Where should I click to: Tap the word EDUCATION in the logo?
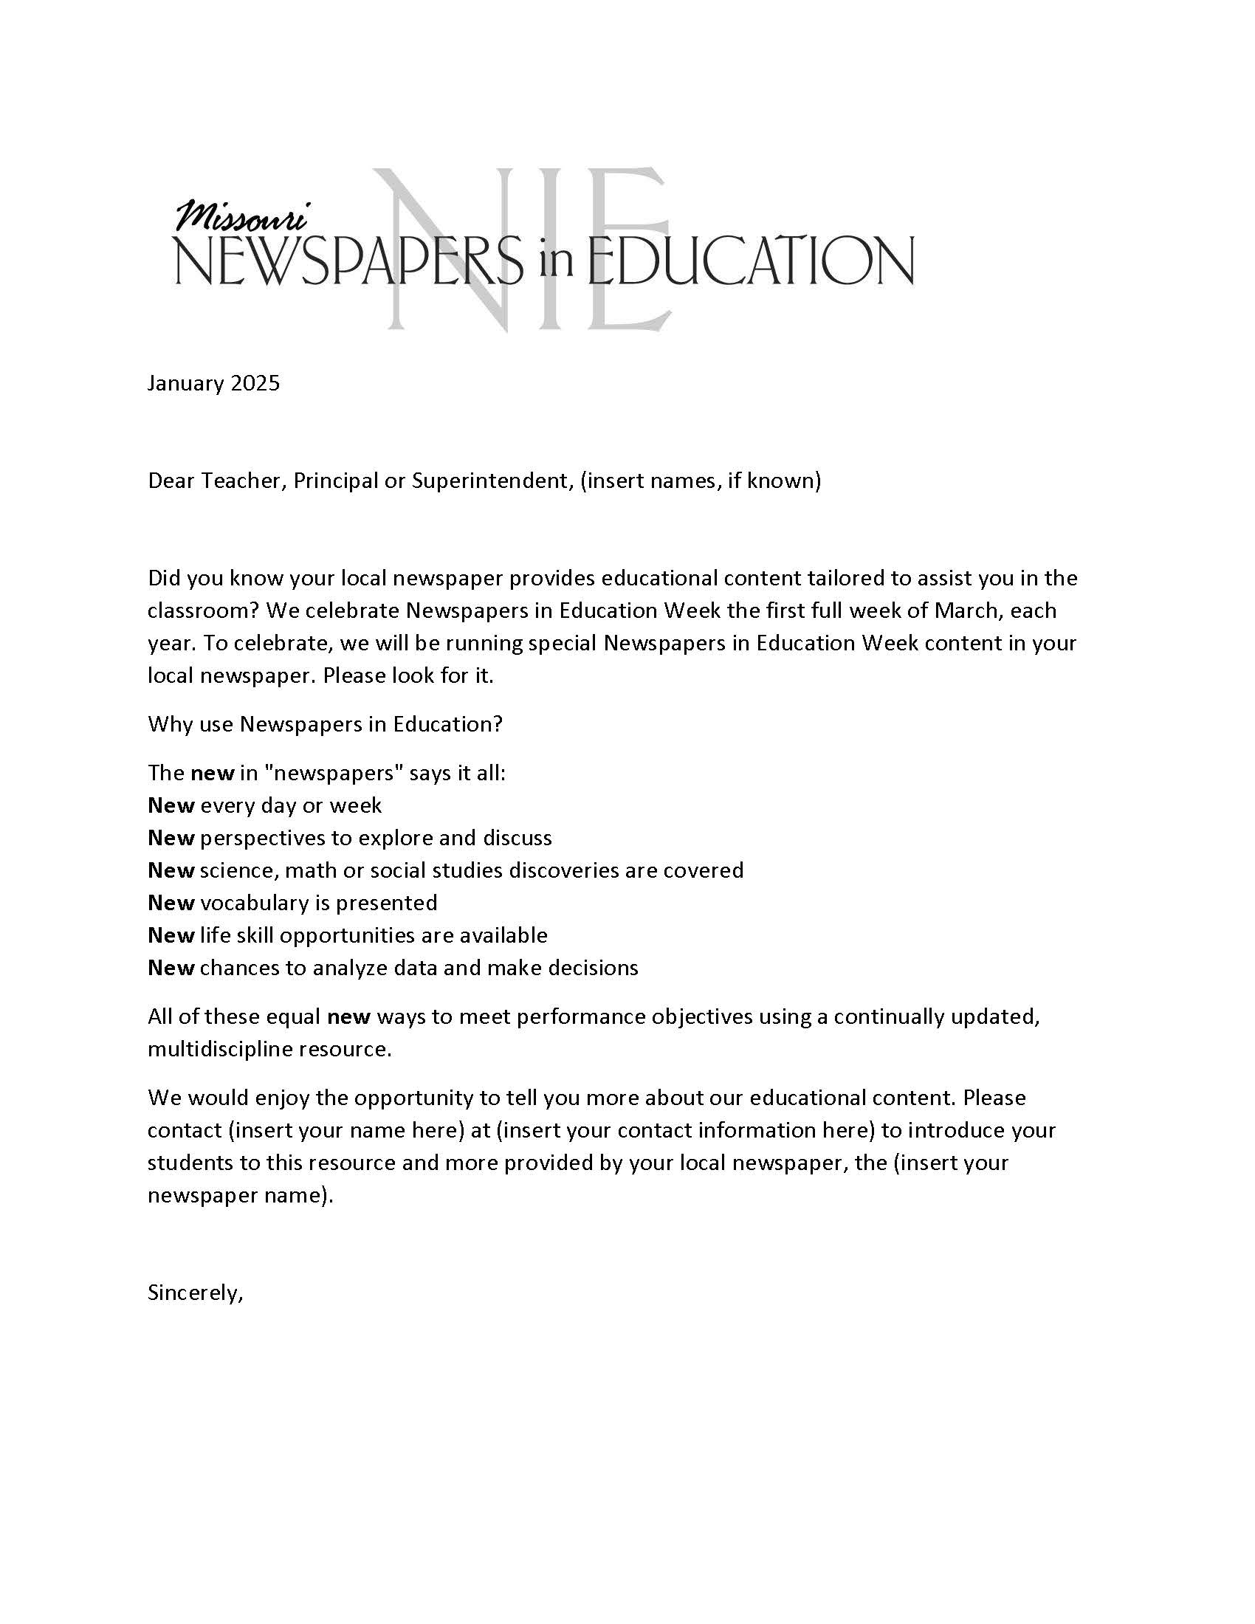pos(751,261)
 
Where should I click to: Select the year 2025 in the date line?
pos(255,383)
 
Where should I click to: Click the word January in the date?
pos(186,383)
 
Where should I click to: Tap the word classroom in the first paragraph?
pos(202,610)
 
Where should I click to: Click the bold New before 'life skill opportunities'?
pos(171,935)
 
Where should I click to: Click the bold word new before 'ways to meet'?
pos(348,1016)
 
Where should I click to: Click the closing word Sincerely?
pos(195,1293)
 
